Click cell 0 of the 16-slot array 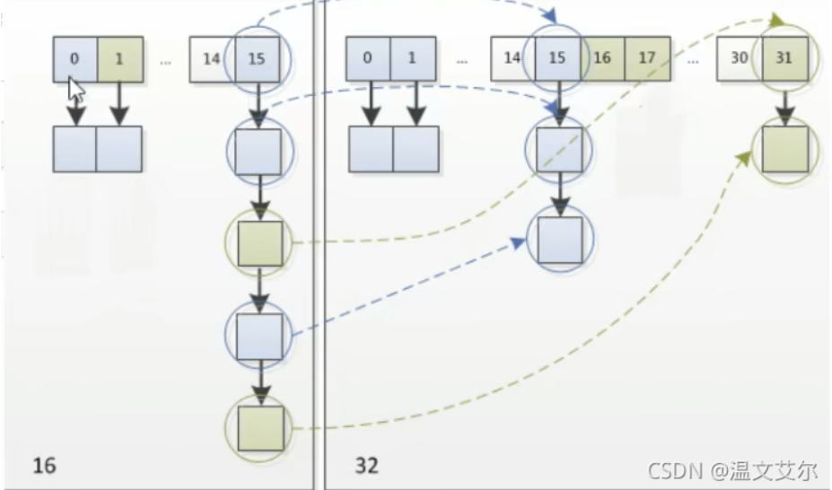[x=74, y=60]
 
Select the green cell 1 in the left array [x=118, y=60]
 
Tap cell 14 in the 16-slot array [x=212, y=60]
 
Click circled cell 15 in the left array [x=257, y=60]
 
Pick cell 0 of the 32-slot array [x=368, y=60]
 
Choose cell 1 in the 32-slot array [x=412, y=60]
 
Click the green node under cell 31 [x=784, y=149]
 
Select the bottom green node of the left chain [x=260, y=427]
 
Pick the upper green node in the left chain [x=260, y=243]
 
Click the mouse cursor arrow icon [x=76, y=91]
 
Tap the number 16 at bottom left [x=44, y=466]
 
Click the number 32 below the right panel [x=366, y=466]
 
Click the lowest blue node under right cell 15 [x=561, y=240]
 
